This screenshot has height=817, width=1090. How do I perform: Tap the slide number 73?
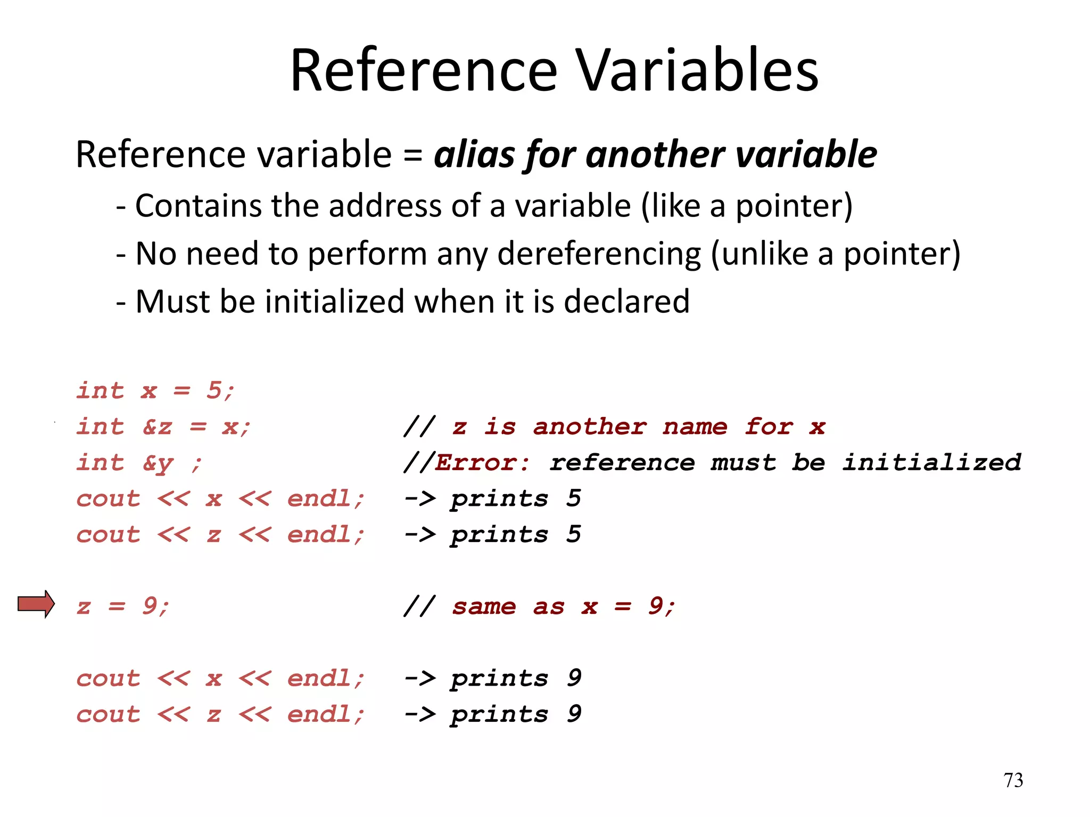click(x=1013, y=780)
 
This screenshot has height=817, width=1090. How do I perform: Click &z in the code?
click(x=158, y=427)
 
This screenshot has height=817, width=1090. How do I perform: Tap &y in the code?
click(x=158, y=463)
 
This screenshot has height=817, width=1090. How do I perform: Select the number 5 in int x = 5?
click(x=214, y=390)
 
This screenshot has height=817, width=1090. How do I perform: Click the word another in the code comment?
click(x=590, y=427)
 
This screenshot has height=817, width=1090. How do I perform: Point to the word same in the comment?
click(x=484, y=606)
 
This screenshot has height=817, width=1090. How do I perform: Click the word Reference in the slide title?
click(x=424, y=71)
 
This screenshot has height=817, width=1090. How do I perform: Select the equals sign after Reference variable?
click(x=413, y=155)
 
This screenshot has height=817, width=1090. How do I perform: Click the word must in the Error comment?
click(x=744, y=462)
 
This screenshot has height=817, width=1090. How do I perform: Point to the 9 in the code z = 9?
click(x=150, y=605)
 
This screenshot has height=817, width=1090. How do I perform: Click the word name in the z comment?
click(x=695, y=427)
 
